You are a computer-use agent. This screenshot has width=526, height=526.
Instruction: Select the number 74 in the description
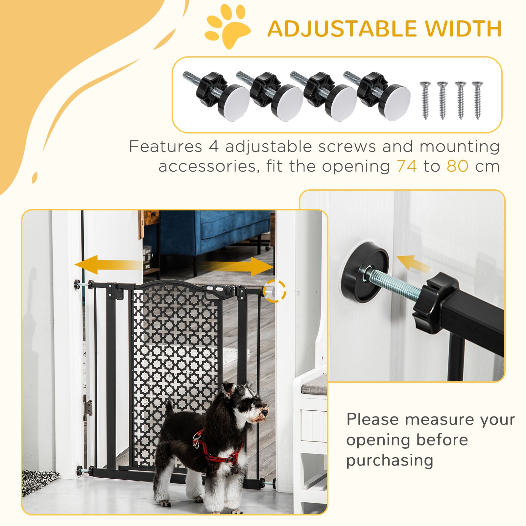tap(407, 166)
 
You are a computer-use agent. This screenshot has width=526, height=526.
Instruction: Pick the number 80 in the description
tap(457, 166)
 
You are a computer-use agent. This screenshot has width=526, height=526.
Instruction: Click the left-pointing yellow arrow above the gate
tap(105, 265)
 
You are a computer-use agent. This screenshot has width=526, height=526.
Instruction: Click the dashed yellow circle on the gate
tap(276, 291)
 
